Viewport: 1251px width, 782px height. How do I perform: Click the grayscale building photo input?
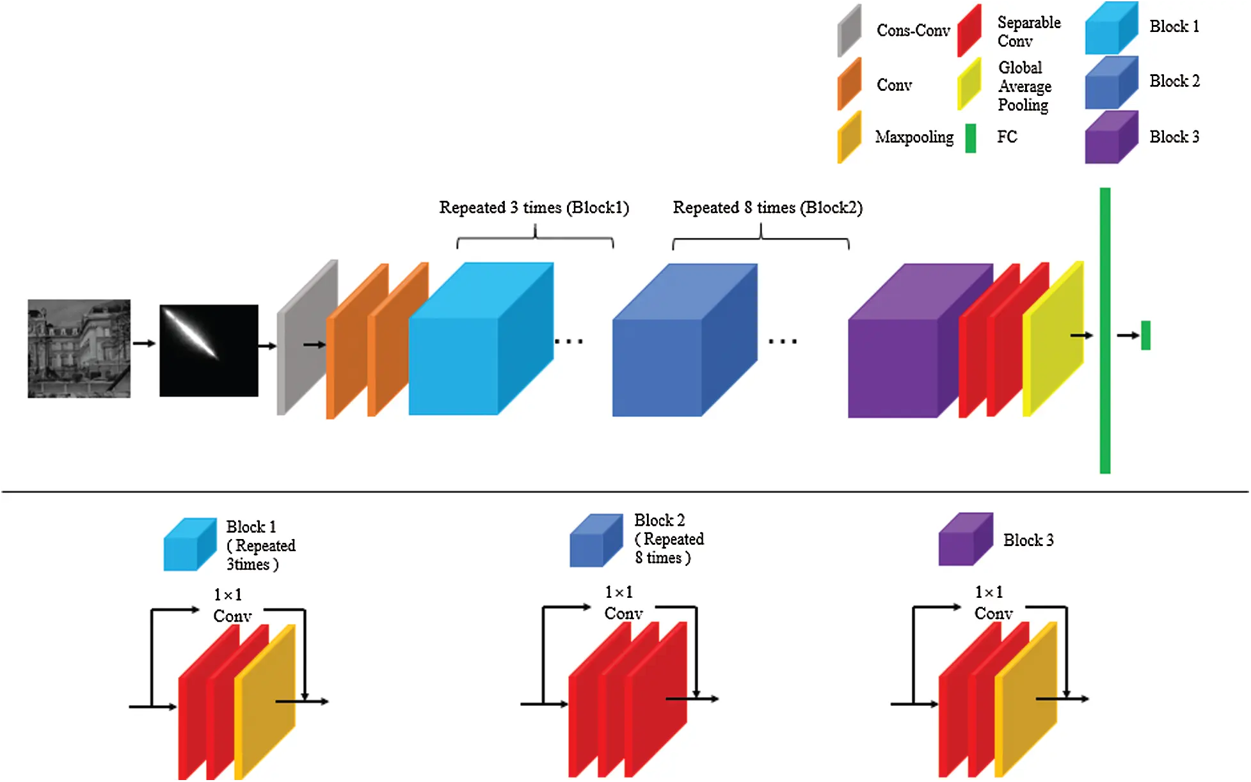[x=79, y=348]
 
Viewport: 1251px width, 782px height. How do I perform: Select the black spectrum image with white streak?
[x=209, y=350]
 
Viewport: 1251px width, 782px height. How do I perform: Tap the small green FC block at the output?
[x=1145, y=335]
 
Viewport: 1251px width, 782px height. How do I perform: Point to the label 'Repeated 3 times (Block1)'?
[x=534, y=208]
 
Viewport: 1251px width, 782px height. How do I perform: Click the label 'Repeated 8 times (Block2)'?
[x=767, y=208]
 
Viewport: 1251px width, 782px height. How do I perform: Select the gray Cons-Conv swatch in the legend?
[x=849, y=31]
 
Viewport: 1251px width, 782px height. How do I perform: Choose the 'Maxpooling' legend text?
[x=914, y=137]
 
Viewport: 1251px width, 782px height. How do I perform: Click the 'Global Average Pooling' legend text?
[x=1024, y=86]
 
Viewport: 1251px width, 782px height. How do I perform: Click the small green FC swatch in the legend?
[x=970, y=138]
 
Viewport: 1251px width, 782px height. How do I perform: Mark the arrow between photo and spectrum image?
[x=144, y=343]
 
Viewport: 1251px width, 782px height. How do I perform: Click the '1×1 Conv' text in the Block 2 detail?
[x=621, y=603]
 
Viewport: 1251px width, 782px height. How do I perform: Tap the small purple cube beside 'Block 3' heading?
[x=964, y=540]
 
